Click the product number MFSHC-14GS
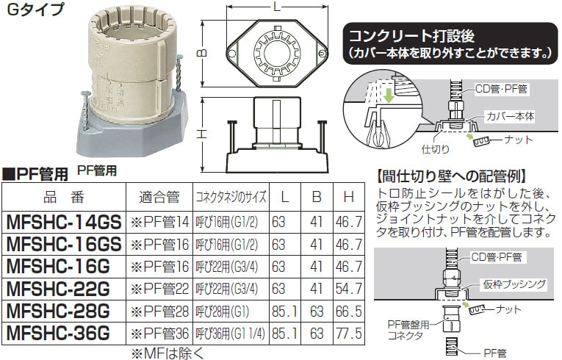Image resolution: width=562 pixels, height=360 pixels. click(x=64, y=223)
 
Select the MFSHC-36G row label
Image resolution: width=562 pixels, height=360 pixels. click(x=59, y=334)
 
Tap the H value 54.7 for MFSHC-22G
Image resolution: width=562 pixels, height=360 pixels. click(x=349, y=289)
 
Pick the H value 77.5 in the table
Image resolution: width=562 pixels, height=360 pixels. click(x=349, y=334)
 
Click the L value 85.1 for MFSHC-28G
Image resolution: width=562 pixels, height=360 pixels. click(x=284, y=312)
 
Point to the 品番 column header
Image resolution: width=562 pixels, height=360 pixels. click(x=64, y=197)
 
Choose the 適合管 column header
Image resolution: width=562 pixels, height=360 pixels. click(x=159, y=197)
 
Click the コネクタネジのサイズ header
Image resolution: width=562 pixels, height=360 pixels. click(x=231, y=197)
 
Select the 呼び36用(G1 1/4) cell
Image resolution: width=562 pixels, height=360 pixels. click(x=231, y=334)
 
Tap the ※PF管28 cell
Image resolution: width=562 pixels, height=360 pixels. click(x=159, y=312)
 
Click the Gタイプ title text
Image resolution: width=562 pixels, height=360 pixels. click(x=35, y=10)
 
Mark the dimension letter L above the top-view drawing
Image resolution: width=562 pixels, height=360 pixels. click(x=277, y=7)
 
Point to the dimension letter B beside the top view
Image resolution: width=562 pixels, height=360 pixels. click(x=203, y=53)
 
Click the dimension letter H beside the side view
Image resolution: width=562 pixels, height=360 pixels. click(x=203, y=134)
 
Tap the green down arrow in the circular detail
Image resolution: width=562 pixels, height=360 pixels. click(x=389, y=96)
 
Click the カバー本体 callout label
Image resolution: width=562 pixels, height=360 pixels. click(x=510, y=116)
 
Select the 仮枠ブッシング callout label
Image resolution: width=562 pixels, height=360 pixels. click(x=514, y=285)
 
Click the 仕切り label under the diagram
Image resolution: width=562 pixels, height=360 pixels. click(x=436, y=149)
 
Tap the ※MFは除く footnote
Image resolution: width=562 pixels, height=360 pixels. click(x=167, y=354)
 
